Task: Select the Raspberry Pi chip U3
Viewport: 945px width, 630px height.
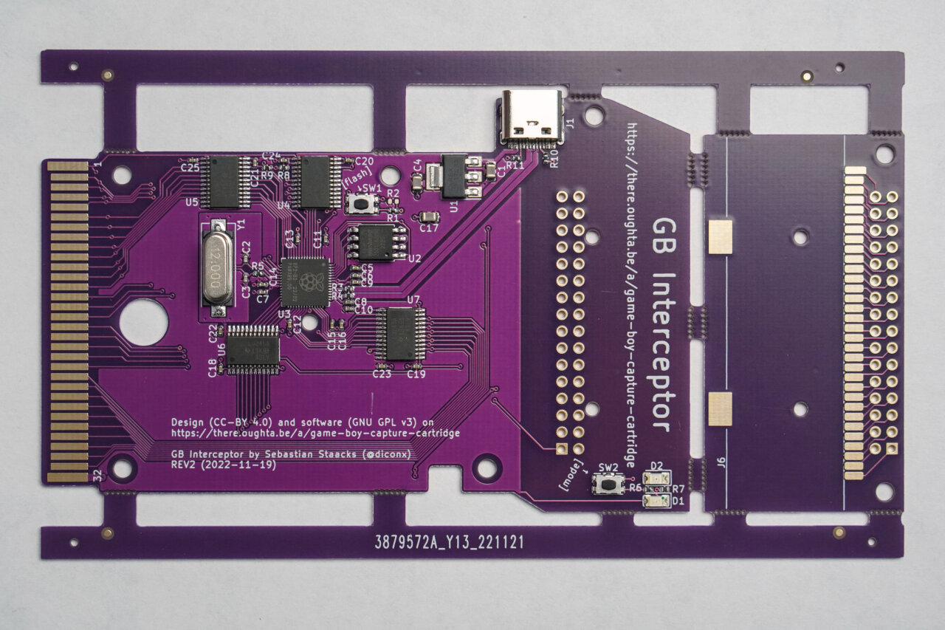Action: (305, 281)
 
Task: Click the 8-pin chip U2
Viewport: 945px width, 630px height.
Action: (377, 242)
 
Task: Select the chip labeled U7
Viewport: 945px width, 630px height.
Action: (400, 334)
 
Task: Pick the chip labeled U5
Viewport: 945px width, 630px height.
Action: (225, 182)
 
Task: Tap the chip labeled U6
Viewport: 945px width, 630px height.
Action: (253, 349)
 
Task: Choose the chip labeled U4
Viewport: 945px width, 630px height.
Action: (315, 182)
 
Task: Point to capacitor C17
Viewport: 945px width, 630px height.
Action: (427, 217)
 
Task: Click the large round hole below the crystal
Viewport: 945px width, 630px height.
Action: (143, 322)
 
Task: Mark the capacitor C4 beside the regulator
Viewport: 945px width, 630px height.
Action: (433, 176)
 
